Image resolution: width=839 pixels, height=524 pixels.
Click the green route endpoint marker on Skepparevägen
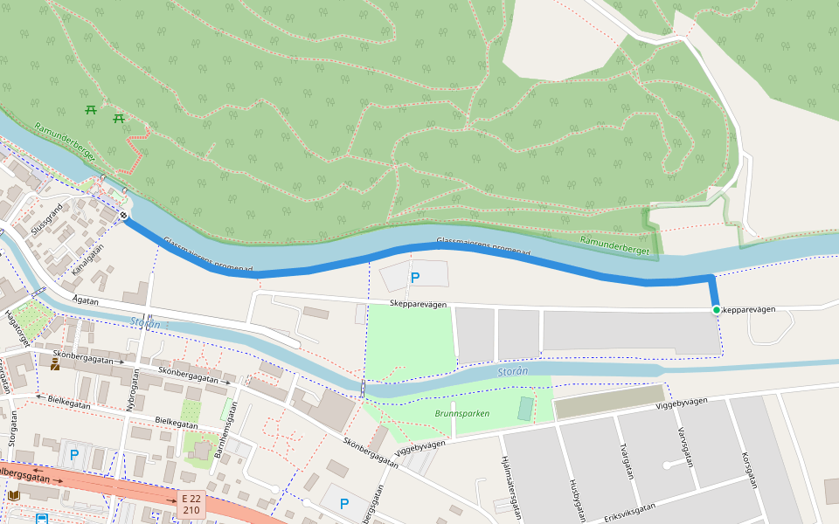click(x=716, y=310)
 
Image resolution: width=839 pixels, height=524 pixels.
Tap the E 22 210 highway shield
click(x=191, y=504)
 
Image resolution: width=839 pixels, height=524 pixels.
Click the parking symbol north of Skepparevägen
click(x=415, y=278)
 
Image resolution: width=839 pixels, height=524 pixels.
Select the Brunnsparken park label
click(x=461, y=413)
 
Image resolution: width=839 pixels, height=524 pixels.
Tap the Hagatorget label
click(x=17, y=328)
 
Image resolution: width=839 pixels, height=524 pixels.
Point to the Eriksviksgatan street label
click(x=629, y=513)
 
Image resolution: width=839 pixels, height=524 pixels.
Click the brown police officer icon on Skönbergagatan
click(x=55, y=365)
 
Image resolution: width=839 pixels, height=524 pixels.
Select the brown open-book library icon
click(x=13, y=495)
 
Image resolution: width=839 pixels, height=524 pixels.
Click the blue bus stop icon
click(x=41, y=518)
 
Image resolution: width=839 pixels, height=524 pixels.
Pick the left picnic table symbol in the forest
click(x=90, y=109)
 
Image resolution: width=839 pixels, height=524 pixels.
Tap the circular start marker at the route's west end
click(x=124, y=216)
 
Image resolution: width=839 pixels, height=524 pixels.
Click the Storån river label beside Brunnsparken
click(x=513, y=371)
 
